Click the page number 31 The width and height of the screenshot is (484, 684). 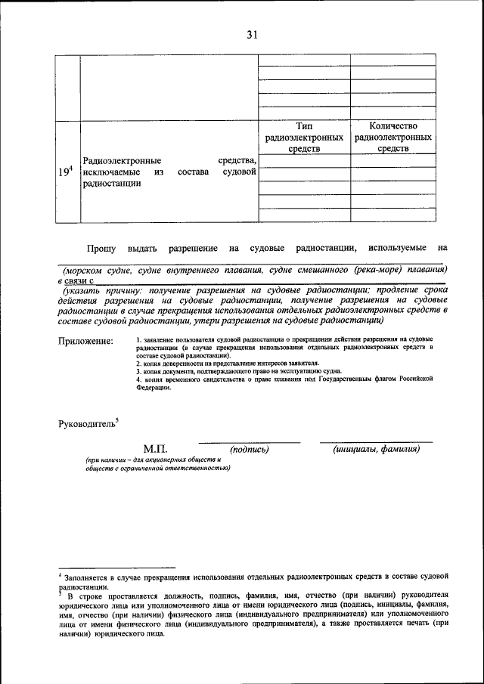click(253, 33)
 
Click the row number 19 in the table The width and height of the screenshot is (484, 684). click(65, 172)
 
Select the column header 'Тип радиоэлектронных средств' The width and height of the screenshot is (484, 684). click(305, 138)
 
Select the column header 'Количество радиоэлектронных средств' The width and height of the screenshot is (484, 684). click(392, 138)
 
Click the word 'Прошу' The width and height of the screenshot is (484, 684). click(101, 248)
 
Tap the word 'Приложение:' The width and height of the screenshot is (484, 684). click(85, 342)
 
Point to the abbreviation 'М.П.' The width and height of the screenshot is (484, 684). click(156, 449)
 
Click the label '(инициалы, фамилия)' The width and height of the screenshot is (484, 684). click(377, 450)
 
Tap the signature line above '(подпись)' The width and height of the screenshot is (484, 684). click(249, 442)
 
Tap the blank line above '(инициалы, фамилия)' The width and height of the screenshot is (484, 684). click(376, 442)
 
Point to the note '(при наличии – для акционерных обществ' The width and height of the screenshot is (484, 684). click(152, 460)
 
